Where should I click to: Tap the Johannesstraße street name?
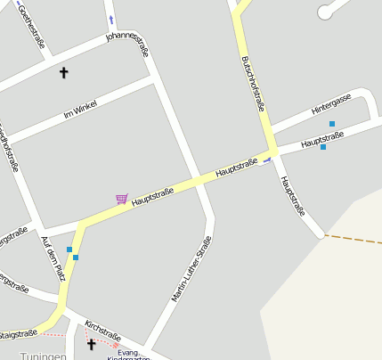pyautogui.click(x=127, y=44)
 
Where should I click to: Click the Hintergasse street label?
pyautogui.click(x=331, y=103)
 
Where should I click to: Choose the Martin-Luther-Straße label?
pyautogui.click(x=191, y=268)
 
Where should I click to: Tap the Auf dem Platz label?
pyautogui.click(x=53, y=259)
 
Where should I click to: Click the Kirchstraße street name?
pyautogui.click(x=102, y=331)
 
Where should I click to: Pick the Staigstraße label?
pyautogui.click(x=18, y=335)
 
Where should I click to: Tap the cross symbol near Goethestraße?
pyautogui.click(x=63, y=72)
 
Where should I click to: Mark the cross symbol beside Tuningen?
pyautogui.click(x=91, y=343)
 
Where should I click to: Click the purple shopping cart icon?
pyautogui.click(x=122, y=198)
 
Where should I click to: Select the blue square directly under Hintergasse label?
pyautogui.click(x=332, y=124)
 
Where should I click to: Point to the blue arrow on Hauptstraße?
pyautogui.click(x=266, y=160)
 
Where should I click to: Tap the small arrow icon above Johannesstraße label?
pyautogui.click(x=111, y=19)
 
